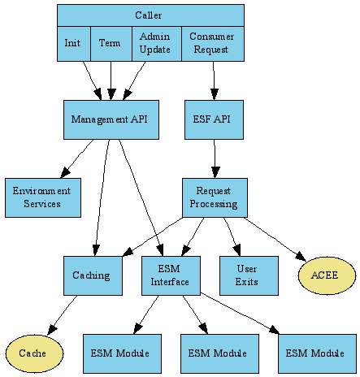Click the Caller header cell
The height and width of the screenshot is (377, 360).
[150, 15]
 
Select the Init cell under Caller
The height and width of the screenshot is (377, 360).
[73, 44]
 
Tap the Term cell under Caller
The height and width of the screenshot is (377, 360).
[111, 44]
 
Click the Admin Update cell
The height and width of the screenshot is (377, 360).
[155, 44]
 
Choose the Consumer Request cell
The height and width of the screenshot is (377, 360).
[211, 44]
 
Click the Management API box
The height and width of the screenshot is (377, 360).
[111, 119]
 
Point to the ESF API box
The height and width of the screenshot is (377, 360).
[214, 119]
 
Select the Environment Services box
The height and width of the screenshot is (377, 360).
[42, 197]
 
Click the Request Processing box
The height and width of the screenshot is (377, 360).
[215, 197]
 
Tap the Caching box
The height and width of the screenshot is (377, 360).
[93, 275]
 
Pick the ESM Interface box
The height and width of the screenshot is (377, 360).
[171, 275]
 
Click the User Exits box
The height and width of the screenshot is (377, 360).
[249, 275]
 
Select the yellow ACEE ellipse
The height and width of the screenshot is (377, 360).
[327, 275]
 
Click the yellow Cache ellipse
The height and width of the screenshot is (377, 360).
[34, 353]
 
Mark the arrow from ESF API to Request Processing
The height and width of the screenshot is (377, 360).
[215, 158]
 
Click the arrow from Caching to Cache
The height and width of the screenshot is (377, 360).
[63, 315]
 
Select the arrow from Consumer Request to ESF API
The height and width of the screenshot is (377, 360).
[214, 80]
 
